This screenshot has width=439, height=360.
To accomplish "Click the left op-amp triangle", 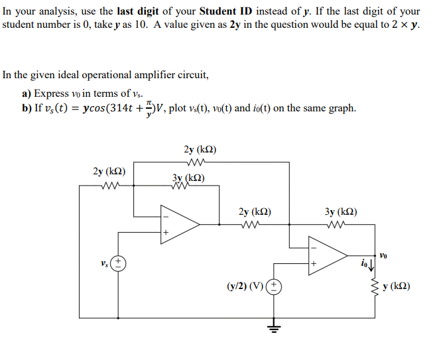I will [x=178, y=223].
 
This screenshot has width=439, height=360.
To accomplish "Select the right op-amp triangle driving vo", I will [x=326, y=255].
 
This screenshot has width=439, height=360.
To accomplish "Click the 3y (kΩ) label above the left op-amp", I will [x=188, y=178].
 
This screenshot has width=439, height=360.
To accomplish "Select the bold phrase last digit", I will [x=139, y=11].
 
